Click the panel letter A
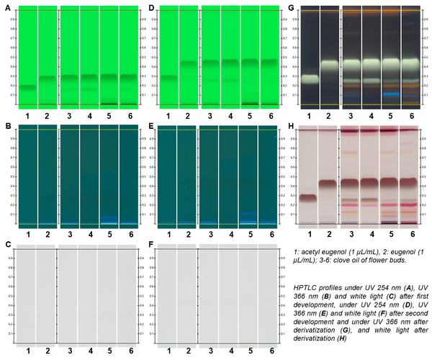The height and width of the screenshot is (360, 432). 7,8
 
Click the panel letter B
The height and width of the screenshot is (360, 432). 7,127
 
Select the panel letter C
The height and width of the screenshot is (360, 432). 7,246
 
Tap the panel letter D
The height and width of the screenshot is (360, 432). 151,8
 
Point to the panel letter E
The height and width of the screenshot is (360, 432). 151,127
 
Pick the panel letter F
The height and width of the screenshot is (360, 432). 151,246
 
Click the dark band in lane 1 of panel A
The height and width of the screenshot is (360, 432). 27,87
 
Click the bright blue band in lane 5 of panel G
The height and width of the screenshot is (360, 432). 391,94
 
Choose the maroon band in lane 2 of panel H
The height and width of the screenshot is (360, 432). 330,184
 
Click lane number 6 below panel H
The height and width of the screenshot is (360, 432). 411,234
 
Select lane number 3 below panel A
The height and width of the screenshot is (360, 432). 69,114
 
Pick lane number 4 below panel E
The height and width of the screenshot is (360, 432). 230,234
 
